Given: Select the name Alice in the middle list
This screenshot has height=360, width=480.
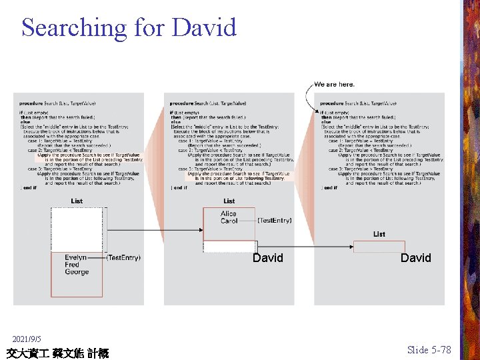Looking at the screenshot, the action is pyautogui.click(x=229, y=214).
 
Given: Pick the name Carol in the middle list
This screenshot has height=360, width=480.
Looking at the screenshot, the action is pyautogui.click(x=229, y=221).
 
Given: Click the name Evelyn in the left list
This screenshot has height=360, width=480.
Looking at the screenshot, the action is pyautogui.click(x=75, y=257).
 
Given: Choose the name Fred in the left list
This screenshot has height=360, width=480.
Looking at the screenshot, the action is pyautogui.click(x=72, y=265).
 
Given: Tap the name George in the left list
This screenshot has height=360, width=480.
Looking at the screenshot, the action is pyautogui.click(x=76, y=272).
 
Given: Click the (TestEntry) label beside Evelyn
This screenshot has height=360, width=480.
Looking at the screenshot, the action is pyautogui.click(x=123, y=257).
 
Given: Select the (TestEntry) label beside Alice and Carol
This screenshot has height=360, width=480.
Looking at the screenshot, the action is pyautogui.click(x=274, y=220).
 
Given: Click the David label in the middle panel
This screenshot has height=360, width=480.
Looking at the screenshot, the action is pyautogui.click(x=267, y=258).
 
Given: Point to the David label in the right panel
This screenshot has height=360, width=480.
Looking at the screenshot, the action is pyautogui.click(x=415, y=258).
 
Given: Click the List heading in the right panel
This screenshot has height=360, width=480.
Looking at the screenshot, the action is pyautogui.click(x=379, y=234).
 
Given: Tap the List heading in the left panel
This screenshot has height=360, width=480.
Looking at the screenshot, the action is pyautogui.click(x=77, y=201).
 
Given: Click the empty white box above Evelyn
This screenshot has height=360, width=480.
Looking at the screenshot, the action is pyautogui.click(x=77, y=230).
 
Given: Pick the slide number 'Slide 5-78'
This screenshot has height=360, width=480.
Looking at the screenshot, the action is pyautogui.click(x=429, y=350).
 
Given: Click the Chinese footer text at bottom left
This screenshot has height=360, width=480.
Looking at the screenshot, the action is pyautogui.click(x=57, y=353).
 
